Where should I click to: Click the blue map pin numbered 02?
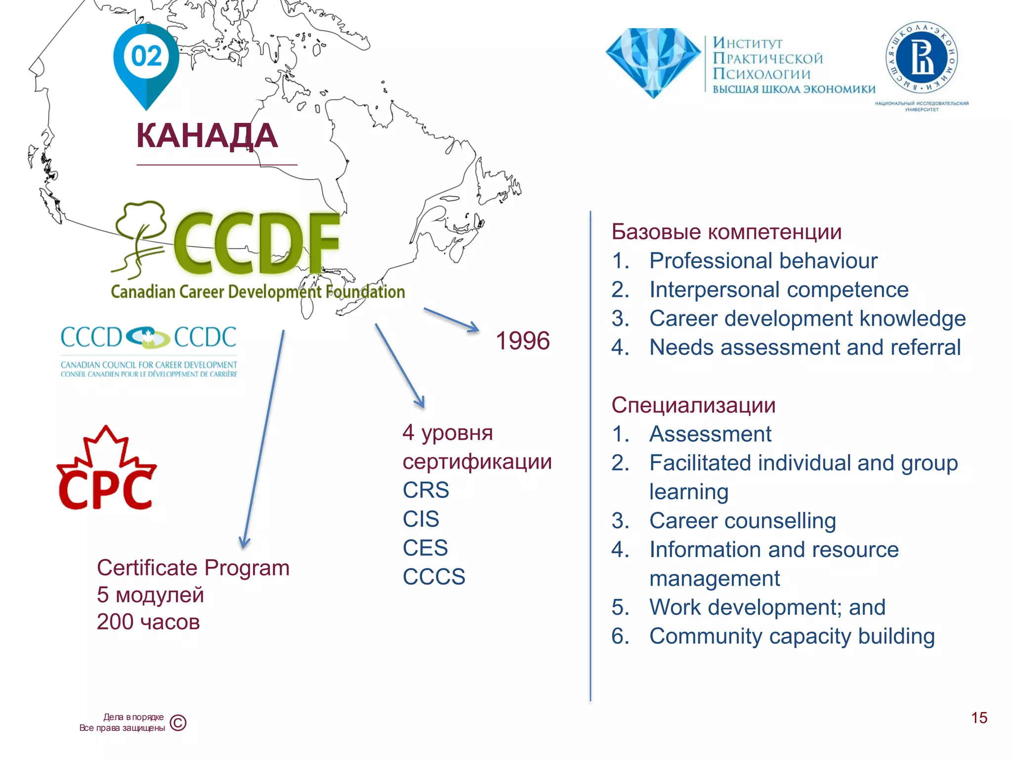coord(146,59)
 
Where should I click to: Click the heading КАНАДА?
coord(207,136)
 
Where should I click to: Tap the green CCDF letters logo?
coord(256,244)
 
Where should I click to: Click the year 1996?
coord(522,341)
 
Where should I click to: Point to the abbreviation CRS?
coord(425,490)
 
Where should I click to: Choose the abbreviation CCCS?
coord(434,577)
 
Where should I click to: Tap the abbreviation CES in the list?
coord(425,548)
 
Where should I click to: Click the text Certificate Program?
coord(193,568)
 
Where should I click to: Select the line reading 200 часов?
coord(148,622)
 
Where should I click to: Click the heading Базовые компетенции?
coord(726,232)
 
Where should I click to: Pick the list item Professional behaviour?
coord(763,261)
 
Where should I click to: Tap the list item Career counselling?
coord(742,521)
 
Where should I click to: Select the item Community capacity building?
coord(792,636)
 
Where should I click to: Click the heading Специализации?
coord(693,405)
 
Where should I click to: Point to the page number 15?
coord(979,717)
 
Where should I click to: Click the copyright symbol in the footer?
coord(178,723)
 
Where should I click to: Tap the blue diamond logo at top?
coord(653,62)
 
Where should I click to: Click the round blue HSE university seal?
coord(922,58)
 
